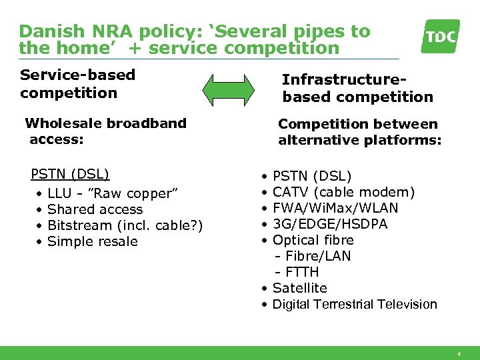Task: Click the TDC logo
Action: (440, 36)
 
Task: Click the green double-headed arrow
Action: (228, 89)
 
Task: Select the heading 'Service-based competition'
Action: (77, 84)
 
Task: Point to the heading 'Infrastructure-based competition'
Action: (357, 89)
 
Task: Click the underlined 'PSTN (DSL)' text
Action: (70, 175)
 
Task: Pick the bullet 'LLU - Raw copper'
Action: (113, 194)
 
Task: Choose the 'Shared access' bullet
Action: (95, 210)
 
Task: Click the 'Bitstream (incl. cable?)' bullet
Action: (125, 226)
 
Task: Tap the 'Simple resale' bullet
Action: (93, 242)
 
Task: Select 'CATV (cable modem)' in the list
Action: (343, 193)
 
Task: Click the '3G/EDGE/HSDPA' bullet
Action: (330, 225)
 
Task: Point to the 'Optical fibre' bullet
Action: (313, 241)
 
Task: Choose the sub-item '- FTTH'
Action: (297, 273)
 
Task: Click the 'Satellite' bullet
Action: (300, 289)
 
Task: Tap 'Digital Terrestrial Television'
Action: (355, 305)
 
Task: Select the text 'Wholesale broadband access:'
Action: (105, 131)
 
